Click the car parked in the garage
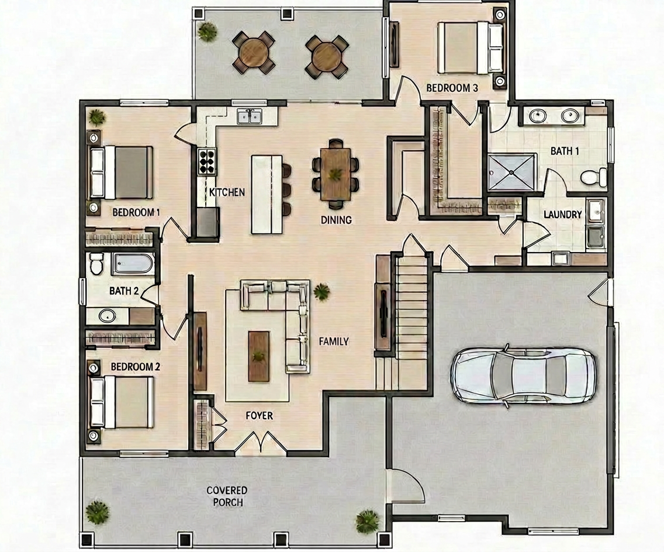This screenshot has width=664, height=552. point(523,375)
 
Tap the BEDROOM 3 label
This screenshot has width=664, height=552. point(452,88)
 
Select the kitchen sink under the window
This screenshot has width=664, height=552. point(250,116)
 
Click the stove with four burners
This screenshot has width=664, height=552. point(207,161)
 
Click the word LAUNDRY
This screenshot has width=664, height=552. point(562,215)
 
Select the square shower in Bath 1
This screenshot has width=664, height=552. point(511,172)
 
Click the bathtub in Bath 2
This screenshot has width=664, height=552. point(133,264)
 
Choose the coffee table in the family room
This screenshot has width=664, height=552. point(259,356)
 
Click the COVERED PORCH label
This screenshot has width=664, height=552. point(227,496)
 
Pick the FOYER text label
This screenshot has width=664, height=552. point(259,416)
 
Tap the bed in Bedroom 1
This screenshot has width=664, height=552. point(122,172)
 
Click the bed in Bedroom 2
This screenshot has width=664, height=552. point(122,402)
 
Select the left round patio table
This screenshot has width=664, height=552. point(253,53)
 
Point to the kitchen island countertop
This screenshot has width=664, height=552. point(267,194)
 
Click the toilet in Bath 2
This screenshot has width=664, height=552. point(96,264)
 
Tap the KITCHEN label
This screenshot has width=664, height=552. point(227,192)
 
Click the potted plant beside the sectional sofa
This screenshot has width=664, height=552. point(322,292)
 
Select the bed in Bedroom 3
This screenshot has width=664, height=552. point(470,47)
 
